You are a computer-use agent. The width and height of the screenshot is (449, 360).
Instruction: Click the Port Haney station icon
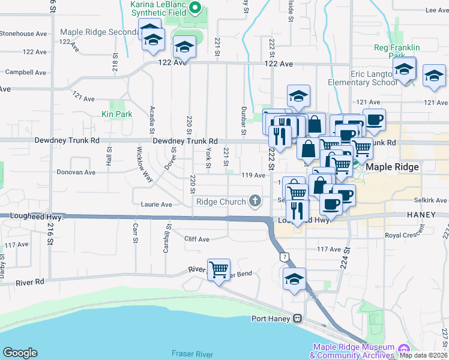click(x=297, y=319)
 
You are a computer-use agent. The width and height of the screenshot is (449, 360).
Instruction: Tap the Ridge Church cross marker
click(x=255, y=201)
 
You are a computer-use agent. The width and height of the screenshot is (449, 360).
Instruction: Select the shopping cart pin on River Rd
click(x=218, y=269)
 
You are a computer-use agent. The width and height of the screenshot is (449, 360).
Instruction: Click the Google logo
click(x=20, y=353)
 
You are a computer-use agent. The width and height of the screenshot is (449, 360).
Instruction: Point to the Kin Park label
click(x=116, y=113)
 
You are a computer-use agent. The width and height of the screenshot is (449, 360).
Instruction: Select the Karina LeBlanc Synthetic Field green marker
click(x=194, y=8)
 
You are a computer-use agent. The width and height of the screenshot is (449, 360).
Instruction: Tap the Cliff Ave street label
click(x=197, y=239)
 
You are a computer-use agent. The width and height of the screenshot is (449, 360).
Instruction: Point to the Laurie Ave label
click(x=156, y=204)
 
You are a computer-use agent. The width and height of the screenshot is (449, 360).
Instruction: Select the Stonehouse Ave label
click(x=25, y=34)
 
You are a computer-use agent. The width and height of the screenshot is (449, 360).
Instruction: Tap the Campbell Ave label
click(x=25, y=72)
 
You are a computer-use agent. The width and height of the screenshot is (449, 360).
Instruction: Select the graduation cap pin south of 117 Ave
click(x=294, y=279)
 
